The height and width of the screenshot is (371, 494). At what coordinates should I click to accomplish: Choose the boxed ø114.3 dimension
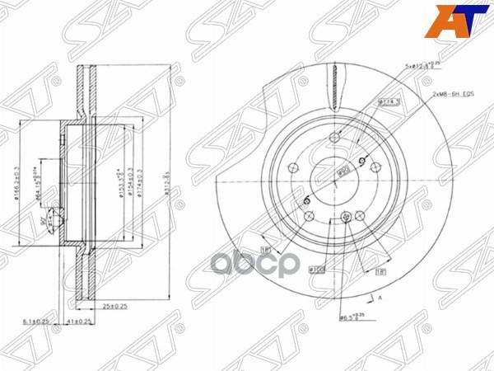tap(389, 101)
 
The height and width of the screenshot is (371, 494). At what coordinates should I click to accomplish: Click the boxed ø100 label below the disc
tap(318, 269)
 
